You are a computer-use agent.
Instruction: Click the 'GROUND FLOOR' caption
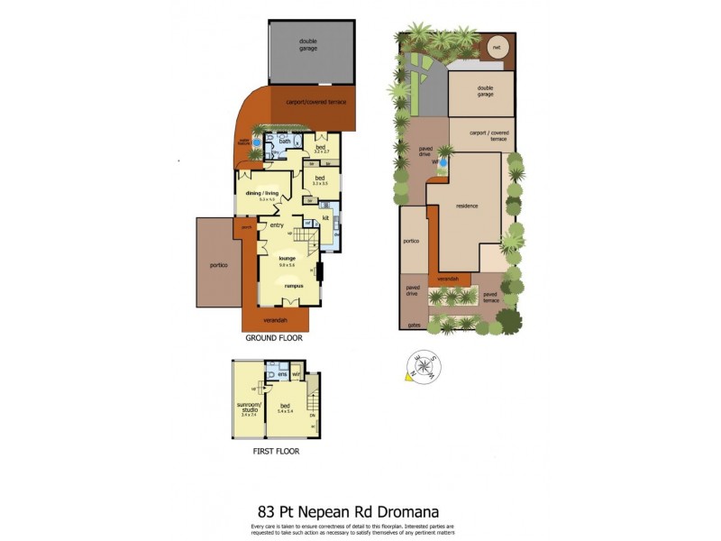point(274,339)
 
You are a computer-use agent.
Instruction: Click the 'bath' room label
point(285,142)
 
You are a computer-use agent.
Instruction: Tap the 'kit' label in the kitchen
point(325,218)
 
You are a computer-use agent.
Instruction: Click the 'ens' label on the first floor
point(281,373)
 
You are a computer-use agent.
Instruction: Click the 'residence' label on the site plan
point(466,206)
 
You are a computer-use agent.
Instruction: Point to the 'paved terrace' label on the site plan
point(490,297)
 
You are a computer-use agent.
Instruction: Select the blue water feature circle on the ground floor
point(257,142)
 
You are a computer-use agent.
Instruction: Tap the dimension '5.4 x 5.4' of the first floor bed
point(287,411)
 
